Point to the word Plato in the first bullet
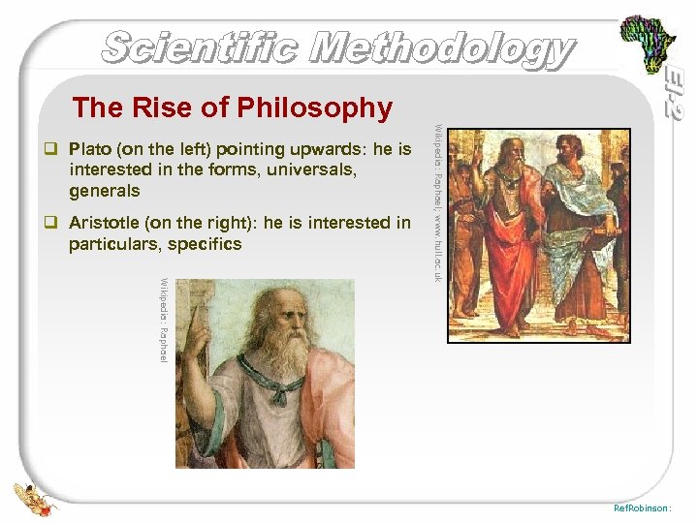93,149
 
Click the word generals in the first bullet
105,191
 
